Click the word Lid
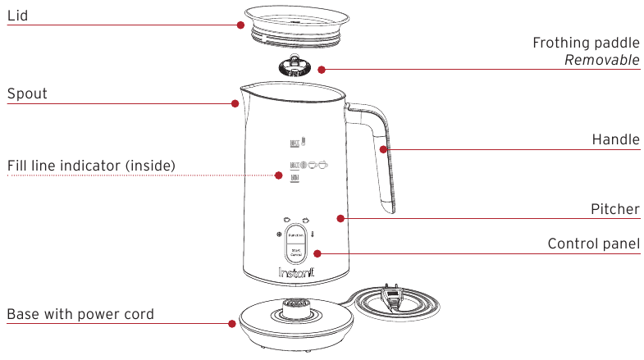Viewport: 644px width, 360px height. pyautogui.click(x=19, y=15)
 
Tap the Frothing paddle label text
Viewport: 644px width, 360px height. pyautogui.click(x=586, y=43)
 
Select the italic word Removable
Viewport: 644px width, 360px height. pyautogui.click(x=601, y=62)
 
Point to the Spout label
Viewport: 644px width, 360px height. pyautogui.click(x=27, y=93)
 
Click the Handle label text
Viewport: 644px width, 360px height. pyautogui.click(x=615, y=140)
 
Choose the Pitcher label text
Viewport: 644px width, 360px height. pyautogui.click(x=615, y=209)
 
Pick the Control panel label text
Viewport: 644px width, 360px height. pyautogui.click(x=593, y=244)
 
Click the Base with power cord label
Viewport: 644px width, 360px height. pyautogui.click(x=80, y=314)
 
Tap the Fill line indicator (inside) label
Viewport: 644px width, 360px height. pyautogui.click(x=91, y=166)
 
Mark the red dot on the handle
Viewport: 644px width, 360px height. pyautogui.click(x=383, y=148)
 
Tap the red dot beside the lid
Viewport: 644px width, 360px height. pyautogui.click(x=241, y=25)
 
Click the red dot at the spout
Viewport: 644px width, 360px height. pyautogui.click(x=235, y=103)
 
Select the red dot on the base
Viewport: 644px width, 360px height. pyautogui.click(x=232, y=323)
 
